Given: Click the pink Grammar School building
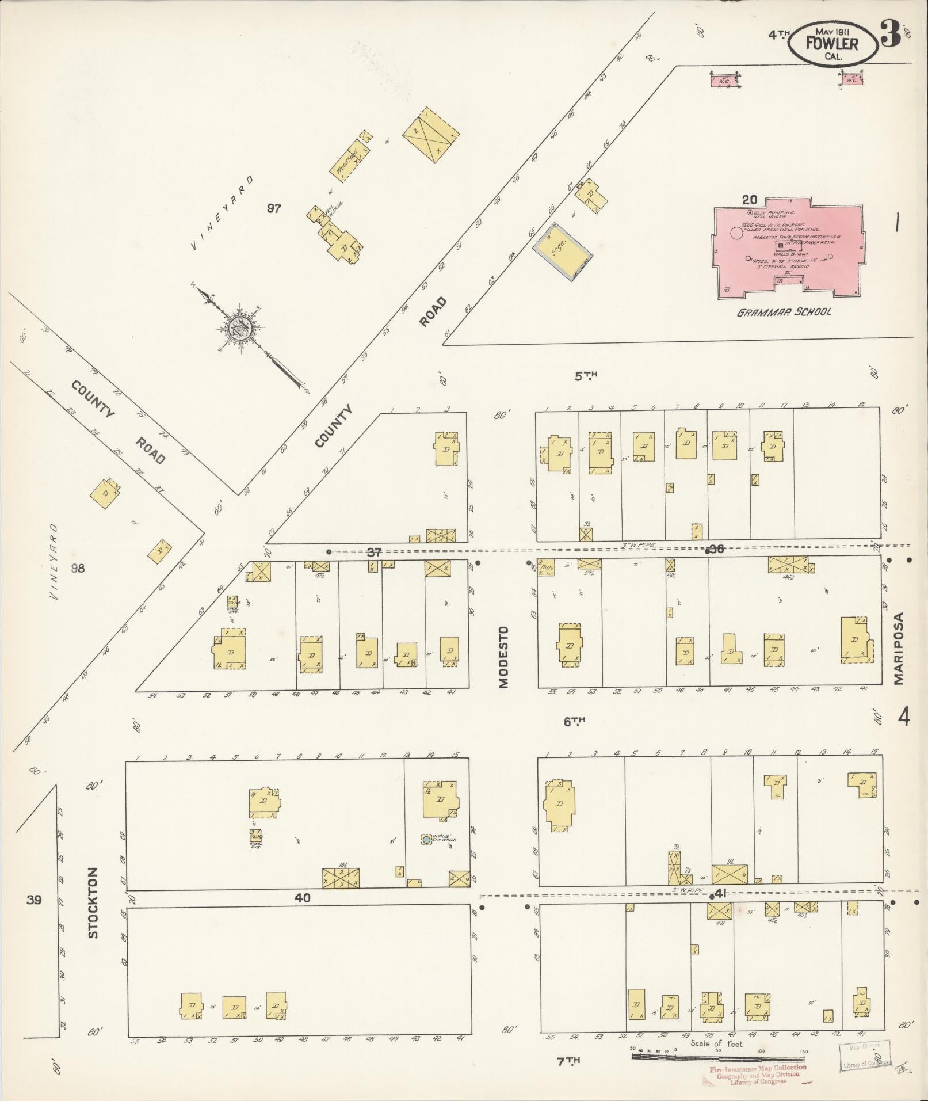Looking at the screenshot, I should tap(788, 247).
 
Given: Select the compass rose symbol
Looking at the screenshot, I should tap(238, 329).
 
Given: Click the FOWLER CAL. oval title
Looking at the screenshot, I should tap(832, 43).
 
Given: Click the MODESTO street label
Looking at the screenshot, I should tap(504, 657).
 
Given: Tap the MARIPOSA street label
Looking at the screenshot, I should tap(899, 649).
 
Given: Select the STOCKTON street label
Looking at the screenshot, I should tap(94, 911).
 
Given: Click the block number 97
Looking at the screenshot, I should tap(274, 208).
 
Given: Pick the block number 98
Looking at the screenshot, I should tap(78, 569).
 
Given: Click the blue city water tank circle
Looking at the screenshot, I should tap(426, 840).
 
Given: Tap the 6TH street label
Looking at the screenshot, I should tap(574, 721).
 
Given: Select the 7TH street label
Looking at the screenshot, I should tap(568, 1061).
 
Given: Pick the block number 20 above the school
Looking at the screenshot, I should tap(749, 200).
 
